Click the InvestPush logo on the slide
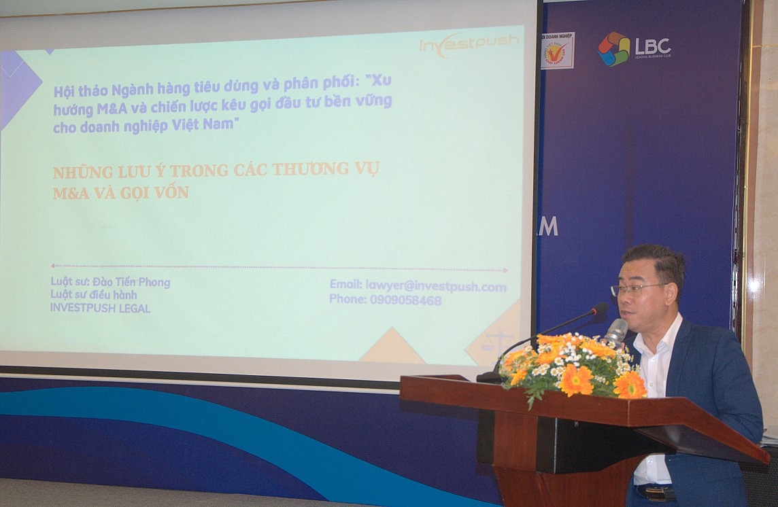click(469, 44)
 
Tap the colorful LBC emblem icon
click(613, 49)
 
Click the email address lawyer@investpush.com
click(418, 286)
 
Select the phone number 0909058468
click(385, 300)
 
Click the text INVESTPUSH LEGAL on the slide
click(100, 308)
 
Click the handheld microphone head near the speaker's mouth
click(616, 330)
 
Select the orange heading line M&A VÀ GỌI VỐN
click(121, 193)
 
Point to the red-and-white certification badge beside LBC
click(557, 50)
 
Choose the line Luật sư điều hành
click(93, 295)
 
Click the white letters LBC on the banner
click(653, 46)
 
